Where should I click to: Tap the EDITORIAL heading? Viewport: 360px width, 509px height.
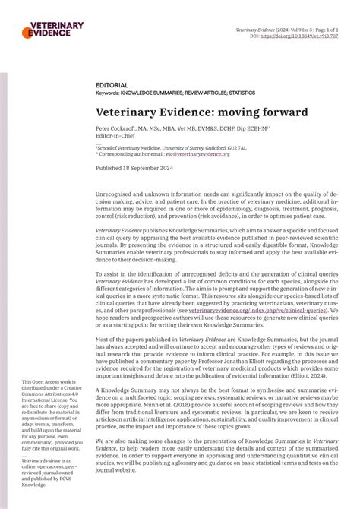[112, 86]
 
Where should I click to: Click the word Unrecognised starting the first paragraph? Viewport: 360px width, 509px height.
[118, 196]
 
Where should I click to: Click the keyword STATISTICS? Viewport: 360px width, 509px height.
[240, 93]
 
